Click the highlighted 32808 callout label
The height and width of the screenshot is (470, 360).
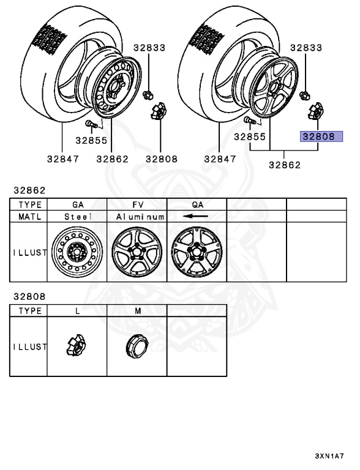pos(321,136)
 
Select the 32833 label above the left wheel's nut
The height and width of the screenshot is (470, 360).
pos(149,48)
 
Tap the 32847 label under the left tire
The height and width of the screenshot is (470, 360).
pos(63,159)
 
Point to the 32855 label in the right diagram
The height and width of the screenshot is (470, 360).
pos(250,136)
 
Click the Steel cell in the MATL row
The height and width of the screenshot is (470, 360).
pos(78,217)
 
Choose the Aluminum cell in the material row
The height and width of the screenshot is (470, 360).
pos(140,217)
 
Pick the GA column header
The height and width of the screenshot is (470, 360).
pos(78,205)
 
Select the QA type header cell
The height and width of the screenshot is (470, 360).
pos(198,205)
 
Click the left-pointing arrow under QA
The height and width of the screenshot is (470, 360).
pos(195,216)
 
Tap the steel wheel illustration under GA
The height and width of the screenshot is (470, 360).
pos(77,252)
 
